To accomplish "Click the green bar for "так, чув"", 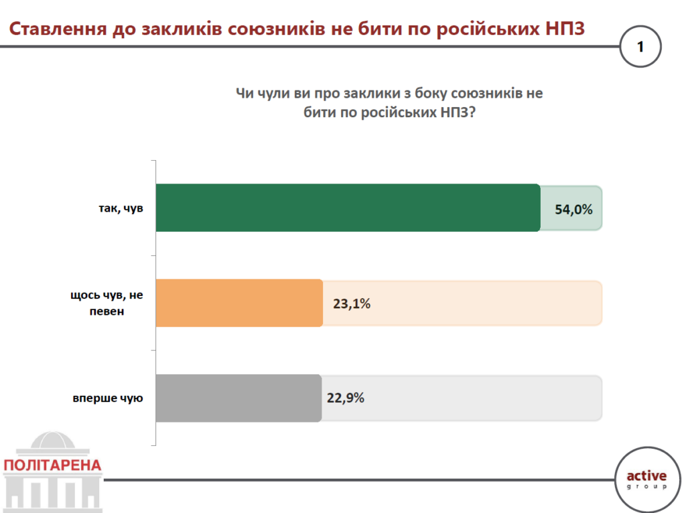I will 348,208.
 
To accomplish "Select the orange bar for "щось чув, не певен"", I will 239,303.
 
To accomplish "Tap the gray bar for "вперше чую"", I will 238,398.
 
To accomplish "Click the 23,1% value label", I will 352,304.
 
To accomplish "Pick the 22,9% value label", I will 346,398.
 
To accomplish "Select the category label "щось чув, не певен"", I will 107,303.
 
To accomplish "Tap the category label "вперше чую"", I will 109,398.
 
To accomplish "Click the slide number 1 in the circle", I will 640,47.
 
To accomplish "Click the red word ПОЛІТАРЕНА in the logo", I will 52,465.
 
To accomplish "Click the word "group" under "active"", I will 646,488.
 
